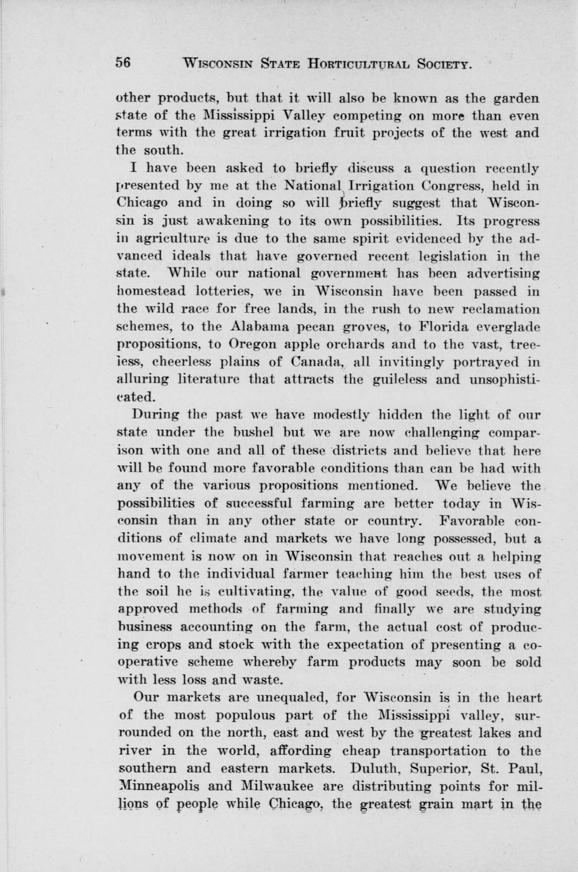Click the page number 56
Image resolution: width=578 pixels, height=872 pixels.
tap(123, 63)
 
